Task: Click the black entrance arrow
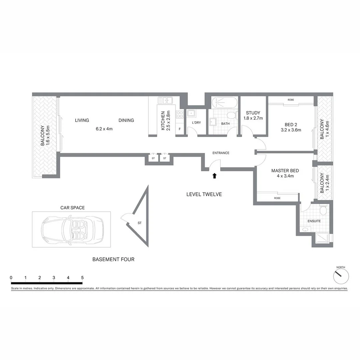point(214,176)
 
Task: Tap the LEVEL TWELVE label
point(204,194)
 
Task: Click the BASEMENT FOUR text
point(113,259)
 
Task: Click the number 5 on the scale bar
point(82,277)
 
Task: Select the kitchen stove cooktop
point(180,114)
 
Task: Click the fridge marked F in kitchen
point(180,129)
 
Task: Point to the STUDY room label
point(253,113)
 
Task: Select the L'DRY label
point(196,123)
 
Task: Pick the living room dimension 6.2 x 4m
point(104,129)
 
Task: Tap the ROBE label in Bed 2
point(291,99)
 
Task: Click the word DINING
point(126,120)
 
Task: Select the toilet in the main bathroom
point(231,116)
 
